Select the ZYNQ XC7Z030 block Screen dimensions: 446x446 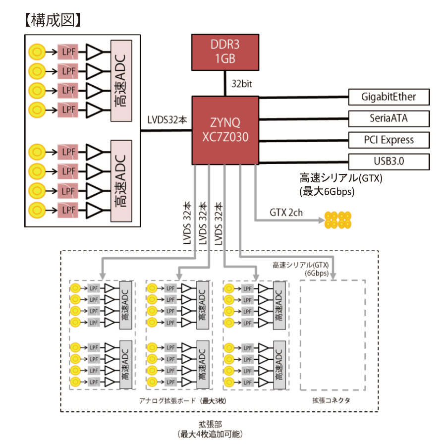click(225, 130)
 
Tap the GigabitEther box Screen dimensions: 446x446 click(389, 97)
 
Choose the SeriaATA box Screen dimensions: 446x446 click(389, 118)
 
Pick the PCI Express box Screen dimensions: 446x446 click(389, 140)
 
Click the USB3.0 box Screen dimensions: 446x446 click(389, 161)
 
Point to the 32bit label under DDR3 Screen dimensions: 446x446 click(242, 84)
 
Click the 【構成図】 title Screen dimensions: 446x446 click(52, 20)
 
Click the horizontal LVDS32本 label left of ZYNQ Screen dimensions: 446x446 click(167, 120)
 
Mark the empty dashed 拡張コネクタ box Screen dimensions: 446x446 click(333, 335)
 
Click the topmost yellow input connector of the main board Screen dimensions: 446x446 click(36, 51)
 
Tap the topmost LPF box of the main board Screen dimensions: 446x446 click(67, 51)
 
